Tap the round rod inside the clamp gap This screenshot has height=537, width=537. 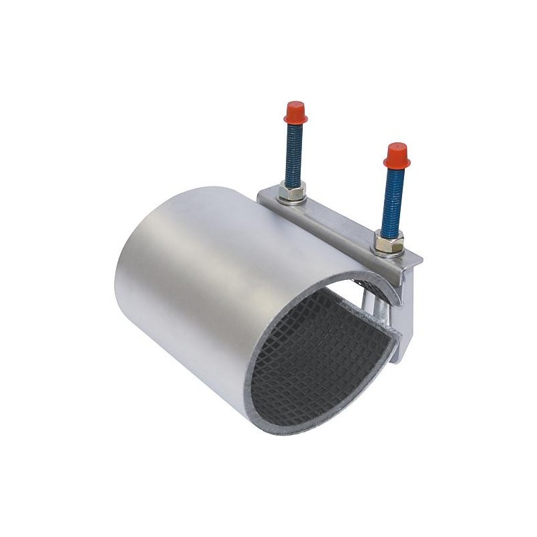pos(379,315)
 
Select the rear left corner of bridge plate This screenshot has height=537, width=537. pos(262,193)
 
